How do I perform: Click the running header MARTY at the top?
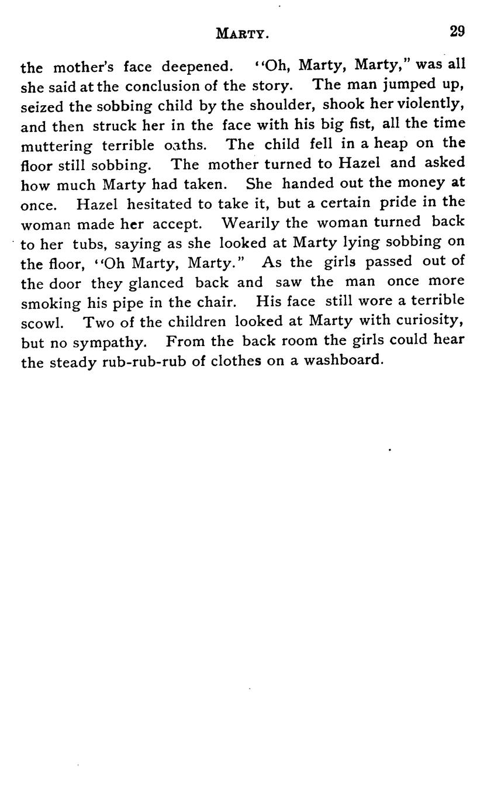tap(242, 34)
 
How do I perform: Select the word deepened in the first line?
tap(198, 66)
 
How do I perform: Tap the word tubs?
tap(88, 244)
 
